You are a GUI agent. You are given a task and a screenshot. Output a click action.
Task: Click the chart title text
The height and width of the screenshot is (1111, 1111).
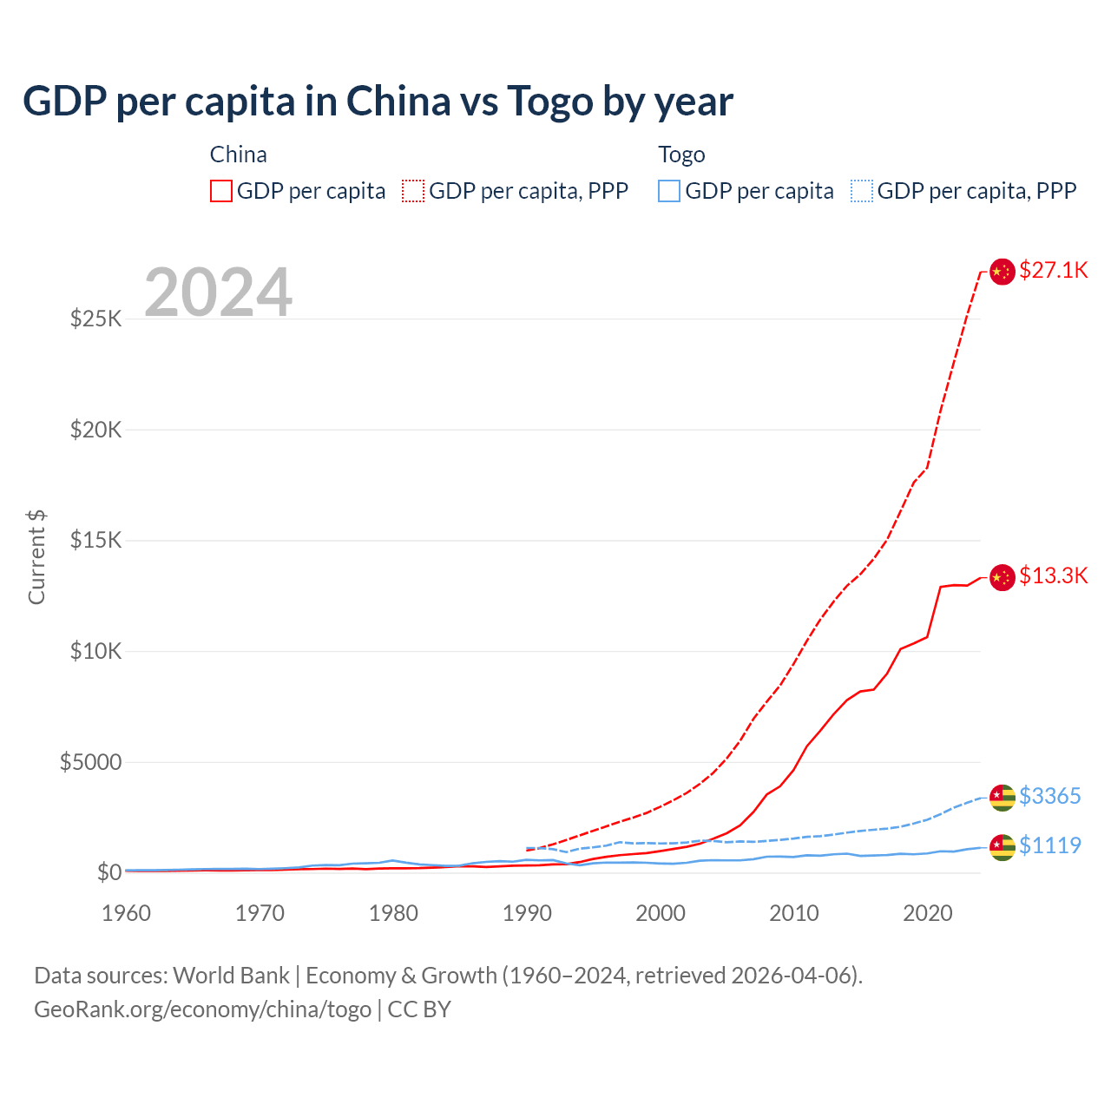pos(378,102)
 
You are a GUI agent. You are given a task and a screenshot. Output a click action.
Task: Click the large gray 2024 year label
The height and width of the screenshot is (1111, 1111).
pos(218,293)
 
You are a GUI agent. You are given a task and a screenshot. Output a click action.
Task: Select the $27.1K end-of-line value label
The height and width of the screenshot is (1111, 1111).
pos(1053,270)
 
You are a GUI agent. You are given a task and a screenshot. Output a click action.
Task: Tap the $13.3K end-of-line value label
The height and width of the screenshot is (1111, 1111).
pos(1053,575)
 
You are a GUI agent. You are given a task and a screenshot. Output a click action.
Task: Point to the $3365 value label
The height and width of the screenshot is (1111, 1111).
pos(1049,796)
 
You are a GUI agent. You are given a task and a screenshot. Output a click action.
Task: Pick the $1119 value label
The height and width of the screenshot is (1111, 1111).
pos(1049,845)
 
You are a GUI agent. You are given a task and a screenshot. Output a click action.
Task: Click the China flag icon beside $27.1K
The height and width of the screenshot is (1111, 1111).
pos(1003,272)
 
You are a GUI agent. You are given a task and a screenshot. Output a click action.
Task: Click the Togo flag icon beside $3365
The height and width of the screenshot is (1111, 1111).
pos(1003,798)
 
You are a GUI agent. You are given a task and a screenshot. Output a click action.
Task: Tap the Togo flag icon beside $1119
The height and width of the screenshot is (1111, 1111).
pos(1003,847)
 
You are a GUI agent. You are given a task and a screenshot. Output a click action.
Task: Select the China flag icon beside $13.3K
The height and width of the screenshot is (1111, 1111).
pos(1003,577)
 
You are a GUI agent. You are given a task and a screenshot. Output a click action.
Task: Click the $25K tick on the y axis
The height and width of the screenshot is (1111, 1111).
pos(96,319)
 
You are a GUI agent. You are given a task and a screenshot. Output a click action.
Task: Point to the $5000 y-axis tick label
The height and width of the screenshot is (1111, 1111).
pos(91,762)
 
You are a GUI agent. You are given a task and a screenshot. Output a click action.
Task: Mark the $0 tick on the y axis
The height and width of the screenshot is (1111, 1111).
pos(108,872)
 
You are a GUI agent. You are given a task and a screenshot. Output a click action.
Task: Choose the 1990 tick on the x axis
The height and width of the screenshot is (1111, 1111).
pos(527,913)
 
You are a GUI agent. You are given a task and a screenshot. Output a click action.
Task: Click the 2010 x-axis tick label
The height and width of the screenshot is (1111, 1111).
pos(794,913)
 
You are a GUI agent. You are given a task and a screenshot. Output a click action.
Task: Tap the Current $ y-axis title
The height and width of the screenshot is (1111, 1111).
pos(36,557)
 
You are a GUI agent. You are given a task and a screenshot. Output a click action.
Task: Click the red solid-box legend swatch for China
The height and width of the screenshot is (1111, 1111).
pos(221,191)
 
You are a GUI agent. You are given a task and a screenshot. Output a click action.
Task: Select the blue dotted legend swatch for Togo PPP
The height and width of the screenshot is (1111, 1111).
pos(862,191)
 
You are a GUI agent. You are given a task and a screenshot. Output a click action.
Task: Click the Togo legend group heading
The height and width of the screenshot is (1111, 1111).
pos(681,154)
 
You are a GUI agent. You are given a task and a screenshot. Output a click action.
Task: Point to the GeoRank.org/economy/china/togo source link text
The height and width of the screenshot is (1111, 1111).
pos(202,1009)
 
